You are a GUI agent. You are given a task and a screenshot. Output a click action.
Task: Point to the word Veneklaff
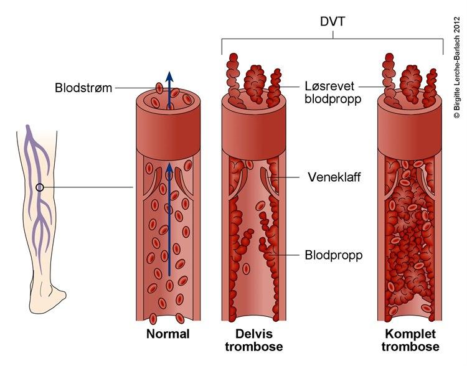(334, 177)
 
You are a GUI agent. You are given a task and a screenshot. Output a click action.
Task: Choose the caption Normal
(167, 334)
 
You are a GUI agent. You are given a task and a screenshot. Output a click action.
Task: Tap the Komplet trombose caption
(412, 340)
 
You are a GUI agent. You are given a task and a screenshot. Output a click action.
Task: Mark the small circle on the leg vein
(40, 187)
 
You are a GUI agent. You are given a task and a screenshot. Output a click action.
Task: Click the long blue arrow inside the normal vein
(167, 230)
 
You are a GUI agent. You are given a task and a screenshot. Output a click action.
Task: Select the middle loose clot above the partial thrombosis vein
(255, 82)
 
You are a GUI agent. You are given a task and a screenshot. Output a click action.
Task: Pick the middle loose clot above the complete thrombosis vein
(411, 82)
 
